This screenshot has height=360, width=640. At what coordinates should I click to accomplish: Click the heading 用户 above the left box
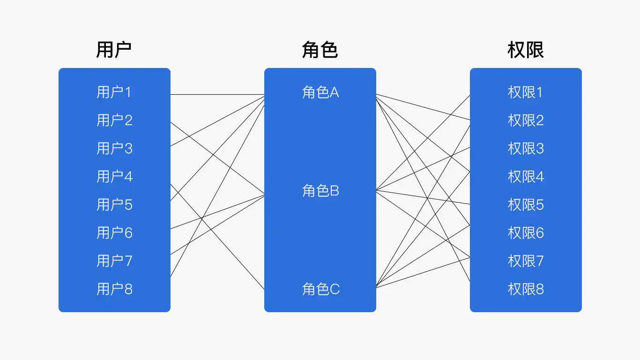[114, 50]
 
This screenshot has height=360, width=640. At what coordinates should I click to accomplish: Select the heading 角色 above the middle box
[320, 50]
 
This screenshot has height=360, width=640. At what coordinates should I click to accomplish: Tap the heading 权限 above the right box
[526, 50]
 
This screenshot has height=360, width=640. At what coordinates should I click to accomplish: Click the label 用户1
[114, 92]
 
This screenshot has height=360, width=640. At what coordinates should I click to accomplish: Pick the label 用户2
[115, 120]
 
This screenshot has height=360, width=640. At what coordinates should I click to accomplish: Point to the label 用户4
[115, 176]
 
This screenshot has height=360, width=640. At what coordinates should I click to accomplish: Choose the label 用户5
[115, 205]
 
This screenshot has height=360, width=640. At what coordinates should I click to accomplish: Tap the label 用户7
[115, 261]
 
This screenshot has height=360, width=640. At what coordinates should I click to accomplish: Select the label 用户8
[115, 289]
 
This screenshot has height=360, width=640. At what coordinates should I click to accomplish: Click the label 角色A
[320, 92]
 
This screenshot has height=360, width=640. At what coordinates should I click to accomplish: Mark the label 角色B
[320, 191]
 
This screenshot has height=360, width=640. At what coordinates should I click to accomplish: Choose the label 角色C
[321, 289]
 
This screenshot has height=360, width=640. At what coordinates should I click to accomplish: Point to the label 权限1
[525, 92]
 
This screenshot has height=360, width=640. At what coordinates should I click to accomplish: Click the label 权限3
[526, 149]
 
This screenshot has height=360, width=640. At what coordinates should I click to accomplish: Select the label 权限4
[526, 176]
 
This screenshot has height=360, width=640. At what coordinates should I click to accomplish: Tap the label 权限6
[526, 233]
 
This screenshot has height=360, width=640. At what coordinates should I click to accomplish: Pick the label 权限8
[526, 289]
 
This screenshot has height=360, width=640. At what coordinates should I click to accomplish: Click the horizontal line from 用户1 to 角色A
[217, 94]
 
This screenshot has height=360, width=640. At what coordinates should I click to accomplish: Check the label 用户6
[115, 233]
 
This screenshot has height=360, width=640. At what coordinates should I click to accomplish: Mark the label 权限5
[526, 205]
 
